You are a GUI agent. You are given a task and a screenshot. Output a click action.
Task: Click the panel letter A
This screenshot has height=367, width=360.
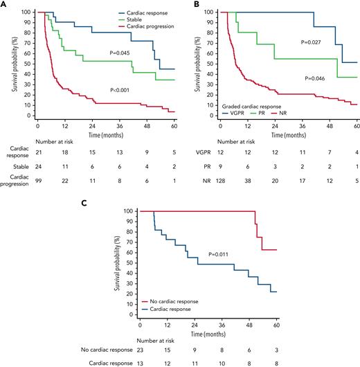coord(4,5)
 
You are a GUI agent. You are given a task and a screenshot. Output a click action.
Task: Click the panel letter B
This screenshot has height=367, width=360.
coord(184,5)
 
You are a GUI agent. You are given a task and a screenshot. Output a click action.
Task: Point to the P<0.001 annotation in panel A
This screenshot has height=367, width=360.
coord(138,89)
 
